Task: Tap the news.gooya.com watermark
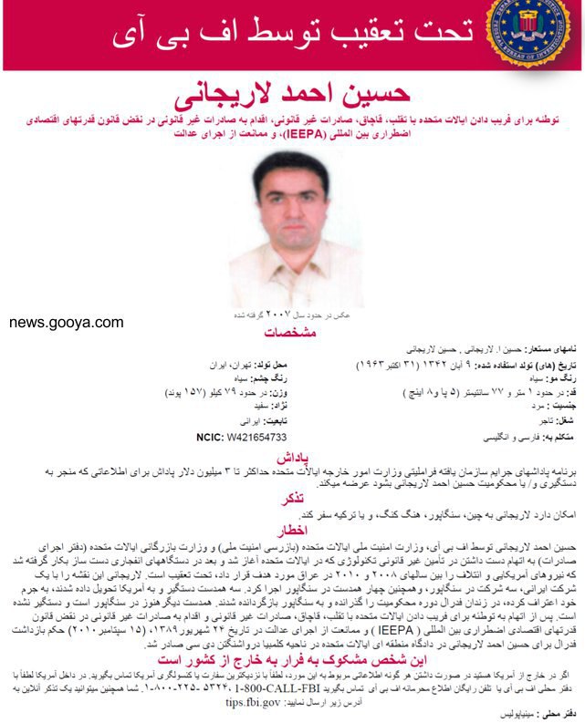click(67, 322)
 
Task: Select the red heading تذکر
click(292, 500)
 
